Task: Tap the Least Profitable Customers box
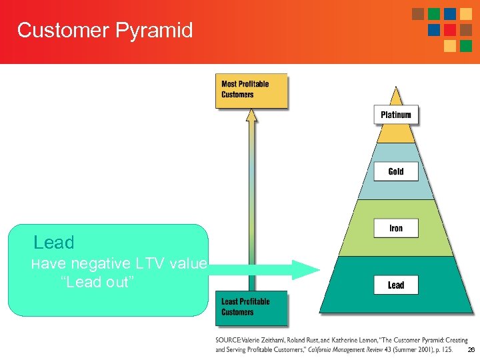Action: point(251,307)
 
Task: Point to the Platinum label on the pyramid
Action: point(396,115)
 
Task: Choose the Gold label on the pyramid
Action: point(396,171)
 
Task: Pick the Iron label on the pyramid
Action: point(396,228)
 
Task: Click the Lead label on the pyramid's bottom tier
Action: point(396,285)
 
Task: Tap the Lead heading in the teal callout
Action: point(54,243)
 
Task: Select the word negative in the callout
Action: point(99,263)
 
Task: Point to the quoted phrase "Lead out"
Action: point(97,282)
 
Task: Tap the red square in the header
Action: point(450,30)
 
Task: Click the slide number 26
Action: point(471,350)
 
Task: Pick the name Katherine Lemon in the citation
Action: point(353,339)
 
